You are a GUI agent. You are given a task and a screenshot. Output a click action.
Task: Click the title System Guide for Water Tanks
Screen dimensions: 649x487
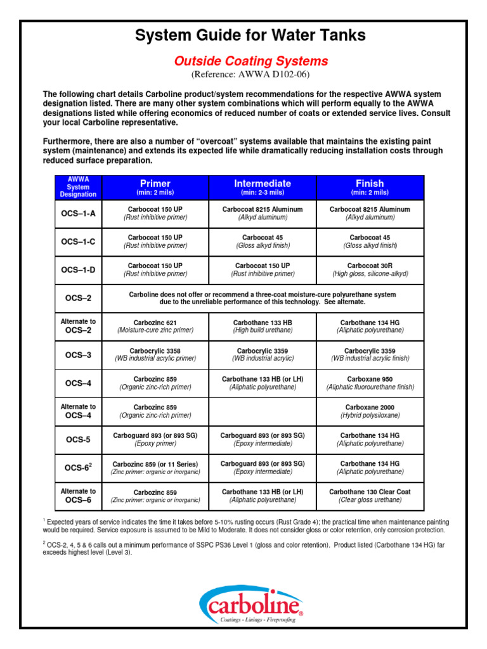(250, 35)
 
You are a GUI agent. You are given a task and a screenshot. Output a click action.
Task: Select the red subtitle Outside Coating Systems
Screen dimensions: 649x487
(251, 61)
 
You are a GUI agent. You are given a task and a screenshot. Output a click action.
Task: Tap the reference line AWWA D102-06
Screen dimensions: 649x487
(251, 74)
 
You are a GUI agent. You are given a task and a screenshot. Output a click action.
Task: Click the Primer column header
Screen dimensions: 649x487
(155, 187)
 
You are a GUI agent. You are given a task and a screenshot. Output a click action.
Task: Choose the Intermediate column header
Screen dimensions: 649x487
(263, 187)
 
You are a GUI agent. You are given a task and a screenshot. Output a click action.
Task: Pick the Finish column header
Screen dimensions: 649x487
(370, 187)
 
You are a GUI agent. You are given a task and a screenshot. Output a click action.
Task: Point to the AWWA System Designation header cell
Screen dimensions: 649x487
(79, 188)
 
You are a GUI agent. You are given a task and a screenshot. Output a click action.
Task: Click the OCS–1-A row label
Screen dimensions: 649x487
(79, 214)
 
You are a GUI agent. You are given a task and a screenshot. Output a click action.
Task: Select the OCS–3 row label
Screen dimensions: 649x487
(79, 355)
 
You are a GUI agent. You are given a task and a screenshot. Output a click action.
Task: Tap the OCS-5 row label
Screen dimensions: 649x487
(79, 439)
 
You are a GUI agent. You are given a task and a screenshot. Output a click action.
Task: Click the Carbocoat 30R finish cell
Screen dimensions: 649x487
(370, 269)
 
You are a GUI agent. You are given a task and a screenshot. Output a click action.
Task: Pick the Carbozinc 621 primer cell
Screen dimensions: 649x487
(155, 326)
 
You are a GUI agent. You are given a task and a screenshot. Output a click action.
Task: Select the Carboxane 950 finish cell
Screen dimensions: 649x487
(370, 383)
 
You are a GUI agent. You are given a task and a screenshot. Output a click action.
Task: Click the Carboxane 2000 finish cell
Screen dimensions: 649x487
(370, 411)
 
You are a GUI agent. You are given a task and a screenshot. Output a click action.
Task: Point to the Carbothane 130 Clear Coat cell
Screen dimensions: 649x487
(370, 496)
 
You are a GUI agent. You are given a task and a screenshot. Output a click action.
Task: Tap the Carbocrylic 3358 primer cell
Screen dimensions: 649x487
(155, 354)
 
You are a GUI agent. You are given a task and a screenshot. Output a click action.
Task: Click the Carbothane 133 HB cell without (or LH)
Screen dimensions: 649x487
(263, 326)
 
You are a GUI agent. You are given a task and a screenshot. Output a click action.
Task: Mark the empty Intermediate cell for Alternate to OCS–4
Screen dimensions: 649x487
(263, 411)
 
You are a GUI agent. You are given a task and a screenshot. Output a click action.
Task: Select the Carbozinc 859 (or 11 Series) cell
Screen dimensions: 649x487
(155, 468)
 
